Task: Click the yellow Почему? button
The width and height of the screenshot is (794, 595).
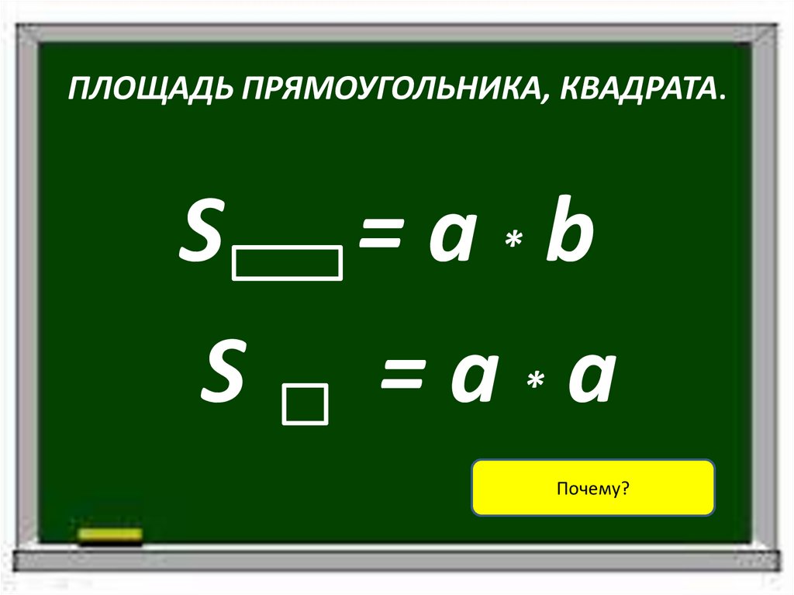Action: (592, 488)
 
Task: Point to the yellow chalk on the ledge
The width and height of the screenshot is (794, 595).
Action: (110, 534)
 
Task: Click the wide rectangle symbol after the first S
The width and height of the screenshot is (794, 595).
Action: (287, 261)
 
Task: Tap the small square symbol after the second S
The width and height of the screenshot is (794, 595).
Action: (306, 405)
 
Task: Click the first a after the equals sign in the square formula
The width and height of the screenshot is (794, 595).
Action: (472, 380)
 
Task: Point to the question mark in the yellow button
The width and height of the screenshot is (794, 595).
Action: (624, 489)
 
